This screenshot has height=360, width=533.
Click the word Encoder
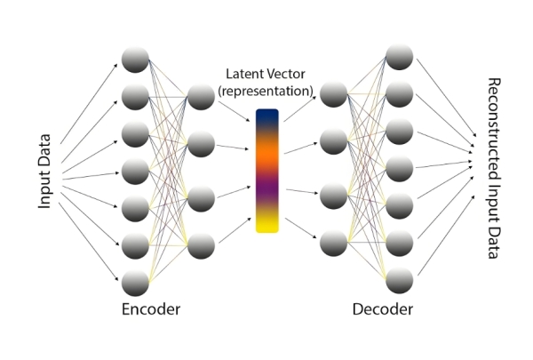151,309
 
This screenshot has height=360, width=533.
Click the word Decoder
383,309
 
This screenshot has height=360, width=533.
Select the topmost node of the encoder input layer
135,60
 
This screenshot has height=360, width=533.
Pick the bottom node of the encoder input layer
135,283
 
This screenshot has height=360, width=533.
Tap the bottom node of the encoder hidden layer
201,244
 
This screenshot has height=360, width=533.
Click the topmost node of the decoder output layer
399,55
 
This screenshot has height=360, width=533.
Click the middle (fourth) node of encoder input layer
135,171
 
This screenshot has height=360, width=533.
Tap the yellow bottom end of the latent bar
266,224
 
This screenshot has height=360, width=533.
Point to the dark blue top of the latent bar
266,116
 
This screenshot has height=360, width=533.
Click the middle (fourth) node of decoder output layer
399,166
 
